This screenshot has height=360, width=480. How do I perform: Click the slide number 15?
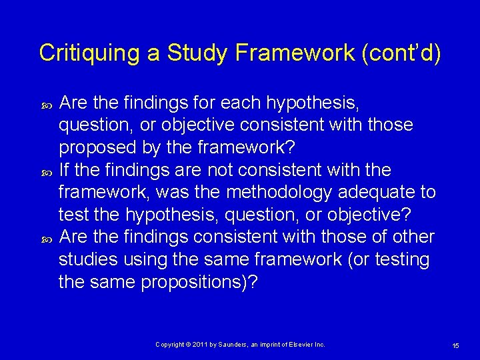(455, 345)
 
